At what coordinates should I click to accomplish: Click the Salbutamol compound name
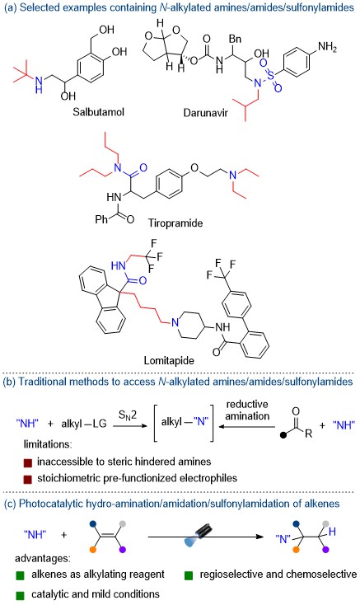coord(99,112)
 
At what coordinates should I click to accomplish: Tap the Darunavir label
coord(205,113)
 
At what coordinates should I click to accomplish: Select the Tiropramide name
coord(175,223)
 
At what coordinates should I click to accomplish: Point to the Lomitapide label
coord(169,360)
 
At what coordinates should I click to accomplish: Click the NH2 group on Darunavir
coord(327,47)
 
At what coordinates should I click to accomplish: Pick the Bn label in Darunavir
coord(235,39)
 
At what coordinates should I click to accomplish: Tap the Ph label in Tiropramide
coord(101,219)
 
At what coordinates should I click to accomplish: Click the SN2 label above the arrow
coord(128,415)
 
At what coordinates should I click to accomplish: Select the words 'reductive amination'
coord(247,410)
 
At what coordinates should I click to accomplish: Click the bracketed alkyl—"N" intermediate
coord(185,422)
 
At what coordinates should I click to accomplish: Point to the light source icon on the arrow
coord(198,536)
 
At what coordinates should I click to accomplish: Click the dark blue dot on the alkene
coord(92,524)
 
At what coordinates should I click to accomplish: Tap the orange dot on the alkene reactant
coord(92,549)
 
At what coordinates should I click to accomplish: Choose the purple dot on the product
coord(326,549)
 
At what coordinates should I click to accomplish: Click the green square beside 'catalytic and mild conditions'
coord(20,594)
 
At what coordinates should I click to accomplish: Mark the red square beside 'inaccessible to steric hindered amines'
coord(27,462)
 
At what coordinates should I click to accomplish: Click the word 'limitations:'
coord(48,444)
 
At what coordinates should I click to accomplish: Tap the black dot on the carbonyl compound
coord(283,435)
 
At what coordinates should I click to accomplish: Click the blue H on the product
coord(333,532)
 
